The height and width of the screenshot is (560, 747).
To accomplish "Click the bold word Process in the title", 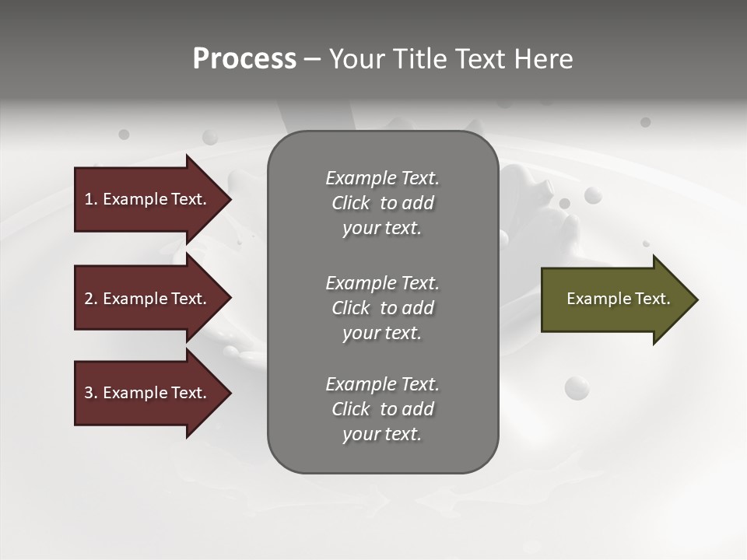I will [x=244, y=59].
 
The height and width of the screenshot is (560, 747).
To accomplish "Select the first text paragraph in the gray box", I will [x=382, y=203].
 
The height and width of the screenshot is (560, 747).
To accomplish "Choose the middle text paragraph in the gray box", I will [x=382, y=308].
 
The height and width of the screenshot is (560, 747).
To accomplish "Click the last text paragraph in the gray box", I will [x=382, y=409].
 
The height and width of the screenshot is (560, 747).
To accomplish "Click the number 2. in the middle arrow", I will [x=91, y=299].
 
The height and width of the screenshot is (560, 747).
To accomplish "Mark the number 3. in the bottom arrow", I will [x=91, y=393].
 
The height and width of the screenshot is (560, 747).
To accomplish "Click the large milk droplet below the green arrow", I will [x=577, y=387].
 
